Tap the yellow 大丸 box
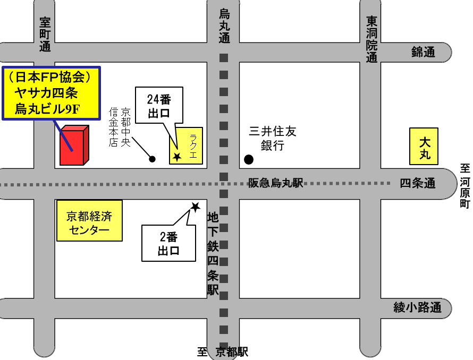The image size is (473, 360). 424,147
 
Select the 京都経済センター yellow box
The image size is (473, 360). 89,221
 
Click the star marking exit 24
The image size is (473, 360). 177,157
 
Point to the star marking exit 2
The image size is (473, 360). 195,207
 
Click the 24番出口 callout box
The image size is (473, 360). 159,105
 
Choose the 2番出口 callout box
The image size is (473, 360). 168,244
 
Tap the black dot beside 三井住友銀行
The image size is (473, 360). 248,159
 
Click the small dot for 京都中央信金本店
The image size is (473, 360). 153,158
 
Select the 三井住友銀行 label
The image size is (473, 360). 273,138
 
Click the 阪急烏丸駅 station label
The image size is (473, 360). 275,183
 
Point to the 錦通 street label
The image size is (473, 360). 423,52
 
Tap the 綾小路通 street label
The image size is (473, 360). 417,307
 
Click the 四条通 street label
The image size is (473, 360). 418,184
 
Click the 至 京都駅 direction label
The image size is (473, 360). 223,352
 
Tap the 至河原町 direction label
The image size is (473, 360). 466,186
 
